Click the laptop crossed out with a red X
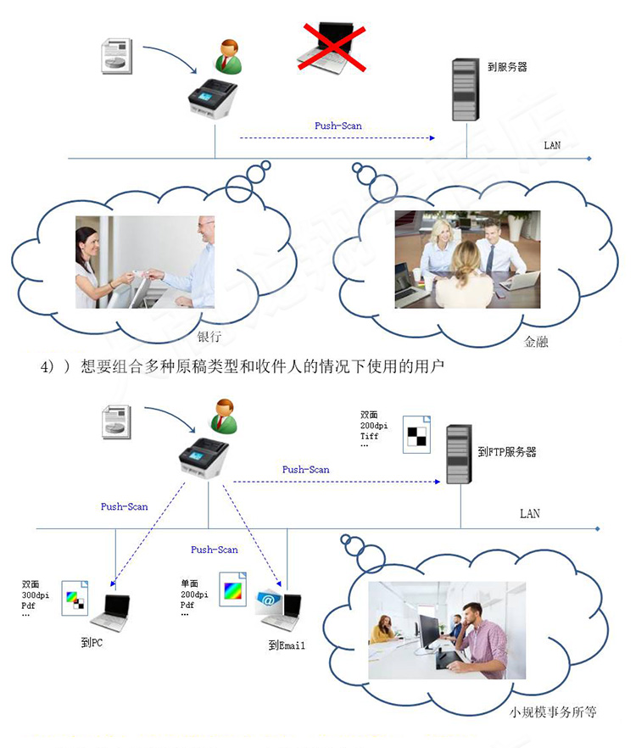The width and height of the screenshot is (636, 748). (331, 46)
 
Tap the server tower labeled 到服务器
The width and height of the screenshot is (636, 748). (466, 90)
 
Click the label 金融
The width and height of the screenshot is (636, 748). (537, 341)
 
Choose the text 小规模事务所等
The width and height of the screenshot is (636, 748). (553, 711)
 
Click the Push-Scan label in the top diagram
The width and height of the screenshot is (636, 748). (338, 126)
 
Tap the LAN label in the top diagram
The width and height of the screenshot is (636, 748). (552, 145)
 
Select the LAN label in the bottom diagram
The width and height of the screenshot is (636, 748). (529, 513)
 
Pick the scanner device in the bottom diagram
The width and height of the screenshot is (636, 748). (206, 462)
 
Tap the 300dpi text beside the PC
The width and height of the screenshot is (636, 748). (36, 595)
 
